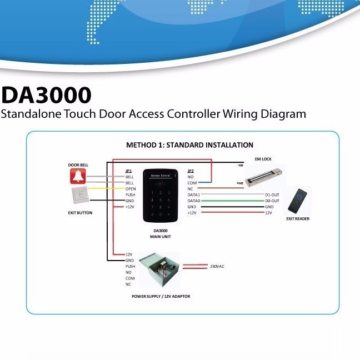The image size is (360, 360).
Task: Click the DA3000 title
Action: tap(46, 95)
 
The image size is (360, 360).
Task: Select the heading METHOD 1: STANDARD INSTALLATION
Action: tap(189, 145)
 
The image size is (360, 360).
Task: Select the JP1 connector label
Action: tap(129, 171)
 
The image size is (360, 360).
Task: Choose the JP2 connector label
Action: tap(191, 171)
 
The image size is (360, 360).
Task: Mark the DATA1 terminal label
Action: tap(193, 195)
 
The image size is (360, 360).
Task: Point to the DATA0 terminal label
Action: tap(193, 201)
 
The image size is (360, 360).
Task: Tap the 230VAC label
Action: tap(217, 266)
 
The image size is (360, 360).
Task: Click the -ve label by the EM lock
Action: tap(240, 165)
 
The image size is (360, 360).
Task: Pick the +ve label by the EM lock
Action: tap(240, 183)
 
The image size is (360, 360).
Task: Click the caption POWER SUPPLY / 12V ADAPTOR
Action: tap(161, 297)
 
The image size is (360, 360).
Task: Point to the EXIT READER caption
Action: tap(298, 219)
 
